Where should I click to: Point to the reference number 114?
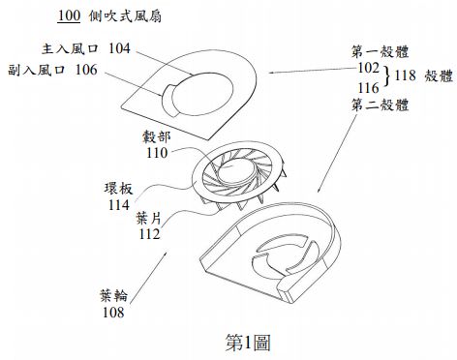click(x=121, y=204)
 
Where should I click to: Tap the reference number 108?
click(x=112, y=314)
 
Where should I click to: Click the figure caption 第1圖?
click(x=247, y=342)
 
